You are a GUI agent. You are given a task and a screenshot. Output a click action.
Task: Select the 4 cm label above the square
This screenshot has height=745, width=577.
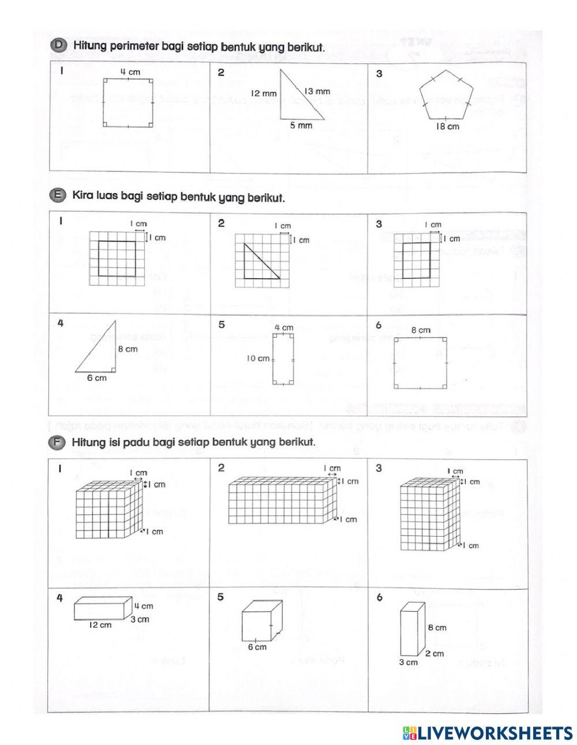pyautogui.click(x=128, y=72)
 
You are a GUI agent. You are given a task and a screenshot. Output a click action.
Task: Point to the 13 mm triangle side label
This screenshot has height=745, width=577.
pyautogui.click(x=317, y=91)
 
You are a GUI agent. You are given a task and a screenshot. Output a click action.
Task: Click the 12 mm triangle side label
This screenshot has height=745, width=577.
pyautogui.click(x=264, y=93)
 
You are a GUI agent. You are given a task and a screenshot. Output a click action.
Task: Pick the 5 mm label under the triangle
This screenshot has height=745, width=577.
pyautogui.click(x=301, y=125)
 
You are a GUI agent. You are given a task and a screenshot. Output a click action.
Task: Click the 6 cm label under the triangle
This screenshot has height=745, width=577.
pyautogui.click(x=96, y=378)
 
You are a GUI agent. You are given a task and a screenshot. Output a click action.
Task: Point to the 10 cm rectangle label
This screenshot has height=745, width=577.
pyautogui.click(x=258, y=358)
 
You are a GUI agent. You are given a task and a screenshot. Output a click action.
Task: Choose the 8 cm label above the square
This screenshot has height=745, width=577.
pyautogui.click(x=420, y=330)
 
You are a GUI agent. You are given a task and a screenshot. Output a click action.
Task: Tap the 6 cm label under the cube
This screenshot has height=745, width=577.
pyautogui.click(x=257, y=647)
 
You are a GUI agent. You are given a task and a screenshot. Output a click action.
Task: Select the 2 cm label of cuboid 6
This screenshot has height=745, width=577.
pyautogui.click(x=434, y=653)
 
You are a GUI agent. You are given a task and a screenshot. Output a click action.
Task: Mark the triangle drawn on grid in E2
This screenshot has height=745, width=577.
pyautogui.click(x=258, y=263)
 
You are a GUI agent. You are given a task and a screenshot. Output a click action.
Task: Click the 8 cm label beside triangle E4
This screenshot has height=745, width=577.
pyautogui.click(x=128, y=349)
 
